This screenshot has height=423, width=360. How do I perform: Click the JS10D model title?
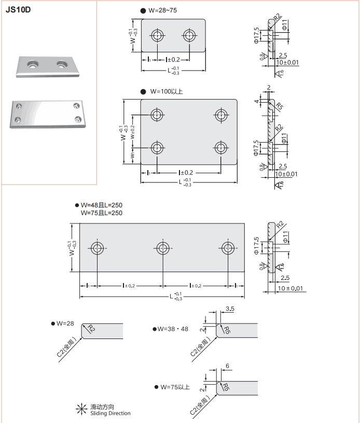pyautogui.click(x=18, y=10)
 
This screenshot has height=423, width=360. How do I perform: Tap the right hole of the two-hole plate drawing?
pyautogui.click(x=189, y=35)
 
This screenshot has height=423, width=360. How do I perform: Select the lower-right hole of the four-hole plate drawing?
pyautogui.click(x=221, y=148)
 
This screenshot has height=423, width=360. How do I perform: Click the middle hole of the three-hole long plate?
pyautogui.click(x=163, y=247)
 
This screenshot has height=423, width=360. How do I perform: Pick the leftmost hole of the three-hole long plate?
pyautogui.click(x=97, y=247)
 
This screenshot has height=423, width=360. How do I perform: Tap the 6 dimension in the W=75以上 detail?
pyautogui.click(x=228, y=365)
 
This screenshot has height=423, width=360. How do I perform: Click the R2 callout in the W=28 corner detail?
pyautogui.click(x=91, y=328)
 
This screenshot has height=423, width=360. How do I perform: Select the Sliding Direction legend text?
pyautogui.click(x=110, y=413)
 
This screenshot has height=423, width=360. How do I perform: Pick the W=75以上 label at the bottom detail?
pyautogui.click(x=175, y=387)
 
